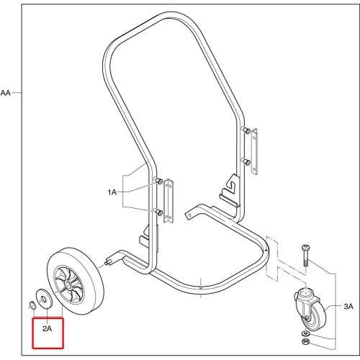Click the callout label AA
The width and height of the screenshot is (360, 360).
[x=6, y=93]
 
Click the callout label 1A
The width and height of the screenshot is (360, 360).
[x=112, y=192]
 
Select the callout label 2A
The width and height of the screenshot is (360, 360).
[x=48, y=328]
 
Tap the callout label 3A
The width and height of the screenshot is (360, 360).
[x=348, y=306]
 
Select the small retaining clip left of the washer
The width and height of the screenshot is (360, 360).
[x=32, y=305]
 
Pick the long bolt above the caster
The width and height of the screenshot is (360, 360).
[x=305, y=256]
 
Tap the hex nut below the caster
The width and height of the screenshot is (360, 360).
[x=306, y=341]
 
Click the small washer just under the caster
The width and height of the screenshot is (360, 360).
[x=306, y=333]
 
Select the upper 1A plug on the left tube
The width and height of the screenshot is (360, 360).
[x=159, y=181]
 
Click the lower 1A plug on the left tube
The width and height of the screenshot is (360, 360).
[x=158, y=212]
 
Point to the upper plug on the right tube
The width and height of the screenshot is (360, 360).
[x=246, y=130]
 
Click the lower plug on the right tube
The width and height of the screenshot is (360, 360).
[x=246, y=161]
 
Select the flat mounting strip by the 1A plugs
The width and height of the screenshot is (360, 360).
[x=168, y=201]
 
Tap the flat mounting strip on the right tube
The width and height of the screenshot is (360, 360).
[x=254, y=151]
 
